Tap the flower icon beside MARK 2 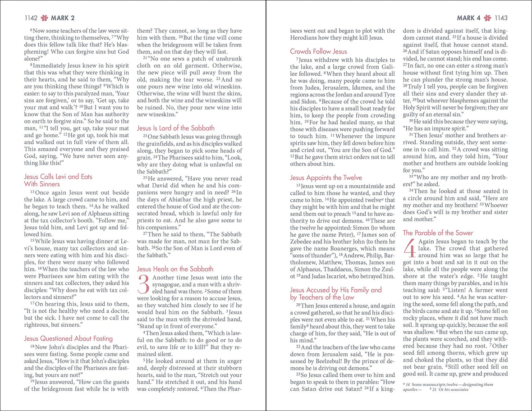44,18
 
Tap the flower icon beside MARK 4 487,18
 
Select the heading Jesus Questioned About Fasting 69,338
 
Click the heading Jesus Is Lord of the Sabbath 176,128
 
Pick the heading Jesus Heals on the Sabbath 175,269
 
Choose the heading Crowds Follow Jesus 319,51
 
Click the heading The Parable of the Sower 438,233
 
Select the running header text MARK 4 469,18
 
